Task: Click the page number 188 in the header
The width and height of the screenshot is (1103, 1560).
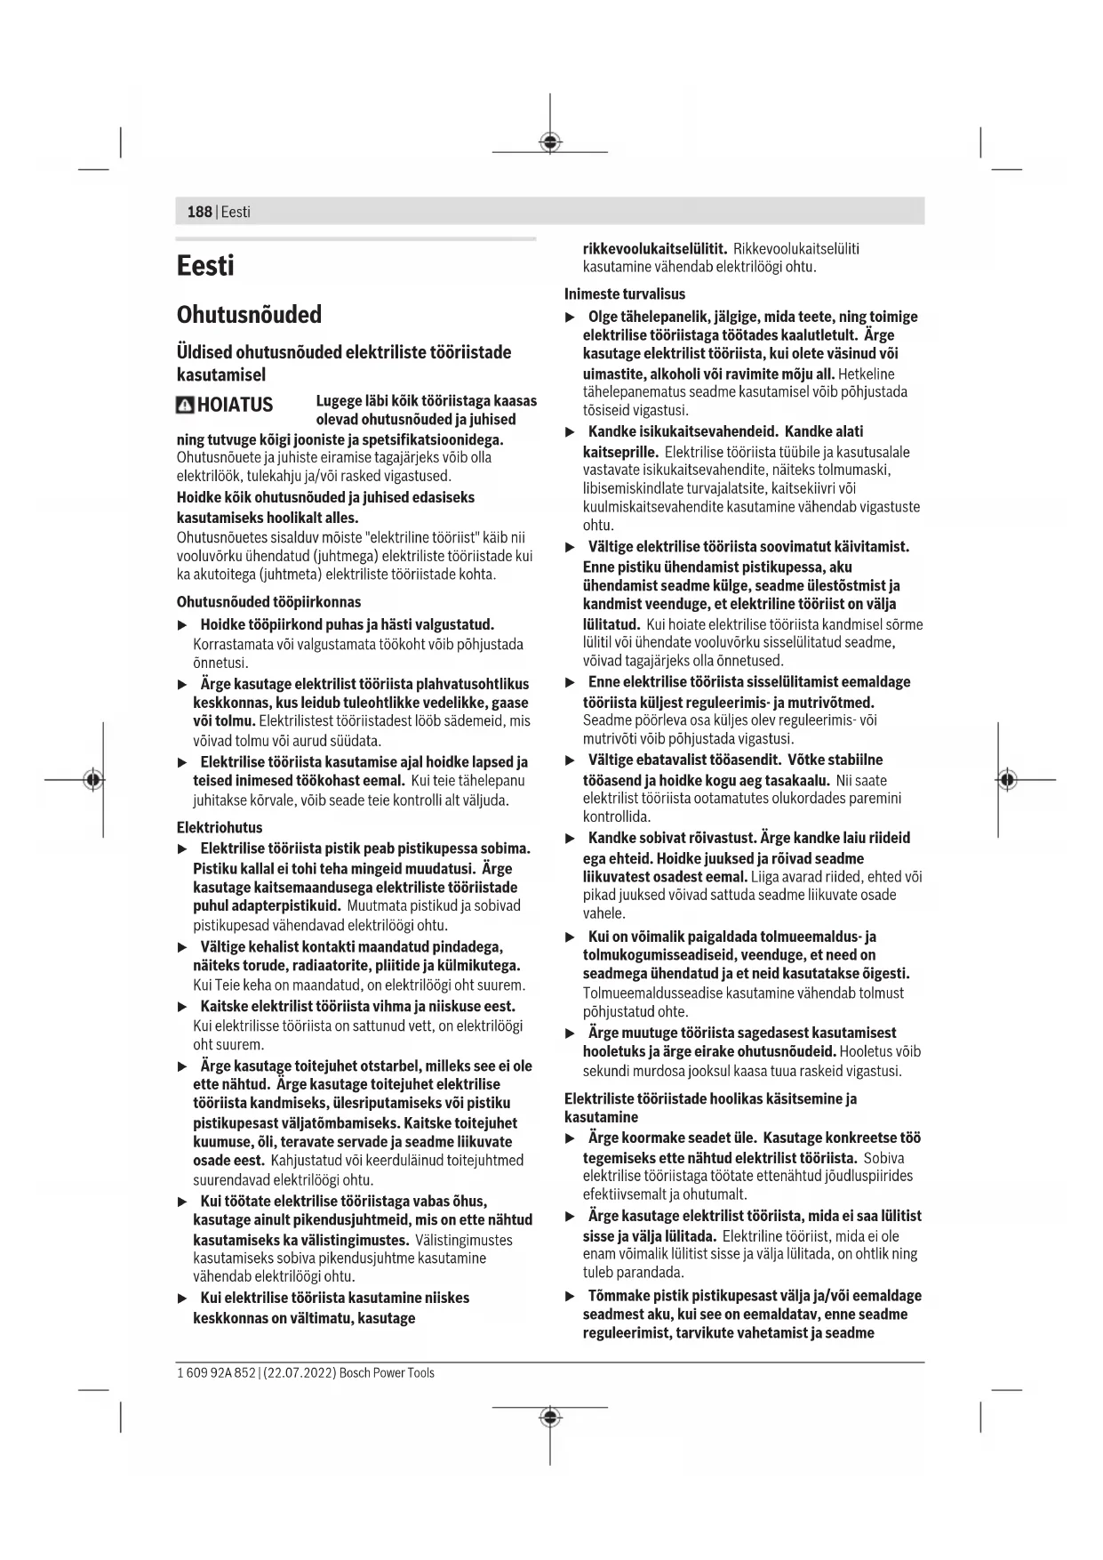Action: tap(199, 212)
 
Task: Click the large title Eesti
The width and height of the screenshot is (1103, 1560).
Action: tap(205, 266)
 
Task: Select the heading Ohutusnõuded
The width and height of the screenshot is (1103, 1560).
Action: tap(249, 315)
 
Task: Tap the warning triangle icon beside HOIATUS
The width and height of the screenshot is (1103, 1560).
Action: tap(185, 406)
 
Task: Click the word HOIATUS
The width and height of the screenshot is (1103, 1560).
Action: tap(235, 406)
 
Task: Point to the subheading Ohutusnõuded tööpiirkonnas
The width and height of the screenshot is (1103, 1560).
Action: tap(268, 602)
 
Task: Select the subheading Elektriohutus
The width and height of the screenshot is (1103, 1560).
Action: tap(220, 828)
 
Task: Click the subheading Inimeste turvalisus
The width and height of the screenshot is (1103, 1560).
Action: tap(625, 294)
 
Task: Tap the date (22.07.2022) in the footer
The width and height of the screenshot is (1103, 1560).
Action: tap(300, 1373)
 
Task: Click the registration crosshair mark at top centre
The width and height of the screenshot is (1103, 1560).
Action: tap(550, 142)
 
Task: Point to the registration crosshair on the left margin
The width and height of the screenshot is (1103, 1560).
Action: tap(92, 780)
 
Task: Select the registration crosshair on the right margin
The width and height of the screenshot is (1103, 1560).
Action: tap(1006, 780)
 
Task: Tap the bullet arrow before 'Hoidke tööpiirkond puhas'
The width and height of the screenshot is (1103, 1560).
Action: tap(183, 625)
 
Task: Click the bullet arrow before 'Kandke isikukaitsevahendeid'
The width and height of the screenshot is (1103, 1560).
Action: tap(571, 432)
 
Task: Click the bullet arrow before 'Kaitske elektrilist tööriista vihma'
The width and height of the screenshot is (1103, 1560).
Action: tap(183, 1007)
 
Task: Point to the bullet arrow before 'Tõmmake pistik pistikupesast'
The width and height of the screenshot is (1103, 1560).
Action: tap(571, 1296)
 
